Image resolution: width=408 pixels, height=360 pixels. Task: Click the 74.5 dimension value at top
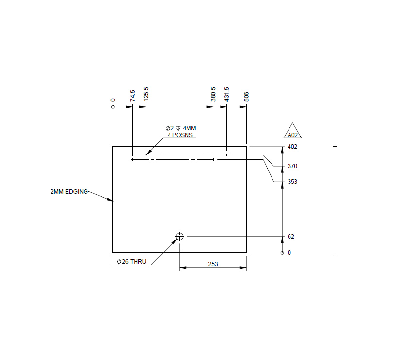click(132, 95)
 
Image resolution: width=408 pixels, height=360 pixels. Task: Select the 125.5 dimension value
click(146, 93)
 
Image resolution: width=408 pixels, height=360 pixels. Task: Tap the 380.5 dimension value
click(213, 93)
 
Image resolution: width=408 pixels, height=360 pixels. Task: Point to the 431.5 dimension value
click(226, 93)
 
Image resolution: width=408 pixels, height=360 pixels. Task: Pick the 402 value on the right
click(292, 147)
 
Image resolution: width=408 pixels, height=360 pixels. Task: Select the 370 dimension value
click(292, 166)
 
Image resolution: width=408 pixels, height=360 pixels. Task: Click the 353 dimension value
click(292, 182)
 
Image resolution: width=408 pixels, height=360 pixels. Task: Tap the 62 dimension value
click(291, 237)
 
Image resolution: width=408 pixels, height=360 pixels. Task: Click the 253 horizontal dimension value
click(213, 264)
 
